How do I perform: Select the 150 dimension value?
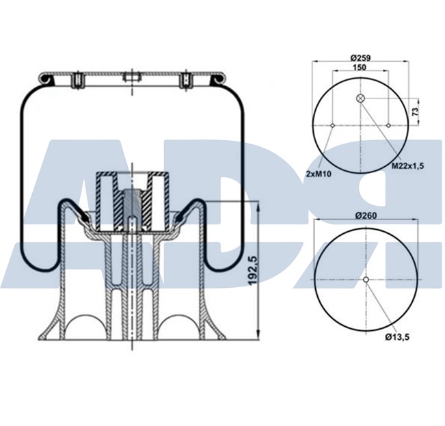click(358, 68)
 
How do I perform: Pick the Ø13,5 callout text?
click(397, 336)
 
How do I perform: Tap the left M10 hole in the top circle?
click(332, 126)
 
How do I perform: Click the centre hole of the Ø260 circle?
click(366, 280)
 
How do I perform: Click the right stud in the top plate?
click(184, 81)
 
